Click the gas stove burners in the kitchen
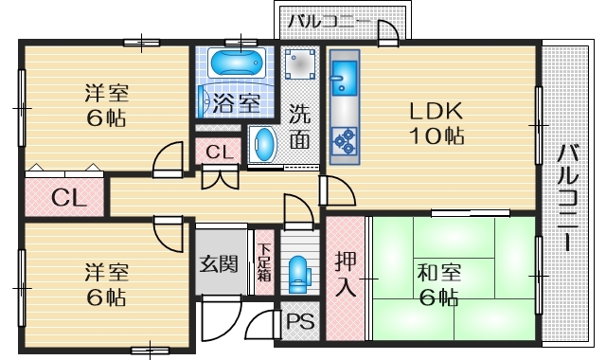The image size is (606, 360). [343, 141]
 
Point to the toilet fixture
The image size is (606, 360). [300, 271]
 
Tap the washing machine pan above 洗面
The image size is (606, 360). [302, 66]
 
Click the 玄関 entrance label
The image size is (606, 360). [219, 263]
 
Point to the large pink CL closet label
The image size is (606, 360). [65, 198]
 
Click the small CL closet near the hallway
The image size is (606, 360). [219, 152]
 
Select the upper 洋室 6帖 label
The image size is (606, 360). [105, 106]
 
